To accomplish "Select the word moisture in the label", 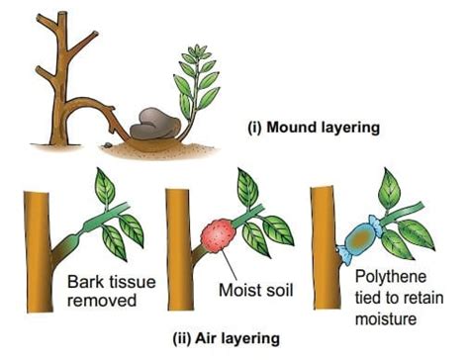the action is (389, 319).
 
